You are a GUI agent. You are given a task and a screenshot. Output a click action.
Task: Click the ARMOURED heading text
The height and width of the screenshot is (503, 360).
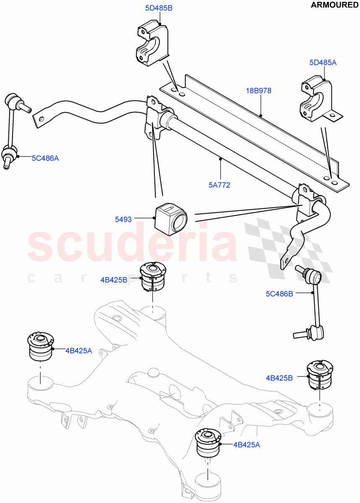tap(334, 5)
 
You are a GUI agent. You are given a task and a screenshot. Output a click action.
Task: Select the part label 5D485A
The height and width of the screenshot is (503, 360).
tap(323, 63)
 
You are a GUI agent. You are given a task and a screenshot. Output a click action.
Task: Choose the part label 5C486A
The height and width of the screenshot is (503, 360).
tap(45, 158)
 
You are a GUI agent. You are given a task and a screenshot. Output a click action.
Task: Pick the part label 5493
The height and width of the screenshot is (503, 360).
tap(123, 219)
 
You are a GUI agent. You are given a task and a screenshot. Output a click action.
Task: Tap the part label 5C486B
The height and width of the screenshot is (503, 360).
tap(279, 294)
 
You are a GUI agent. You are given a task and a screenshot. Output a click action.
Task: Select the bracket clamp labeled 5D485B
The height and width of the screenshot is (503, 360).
tap(152, 44)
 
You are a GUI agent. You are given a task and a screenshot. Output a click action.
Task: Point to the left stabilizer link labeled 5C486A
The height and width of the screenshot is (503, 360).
tap(11, 130)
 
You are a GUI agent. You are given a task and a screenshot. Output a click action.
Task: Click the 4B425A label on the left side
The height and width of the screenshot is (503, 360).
tap(78, 351)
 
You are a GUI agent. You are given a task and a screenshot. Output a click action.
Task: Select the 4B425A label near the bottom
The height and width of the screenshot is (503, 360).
tap(247, 445)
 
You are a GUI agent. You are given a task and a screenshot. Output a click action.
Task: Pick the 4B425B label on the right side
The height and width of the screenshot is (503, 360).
tap(279, 378)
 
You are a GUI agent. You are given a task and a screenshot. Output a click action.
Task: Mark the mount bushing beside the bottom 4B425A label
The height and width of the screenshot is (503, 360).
tap(209, 443)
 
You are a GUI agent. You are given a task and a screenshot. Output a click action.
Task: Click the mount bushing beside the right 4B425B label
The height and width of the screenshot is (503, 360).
tap(320, 375)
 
